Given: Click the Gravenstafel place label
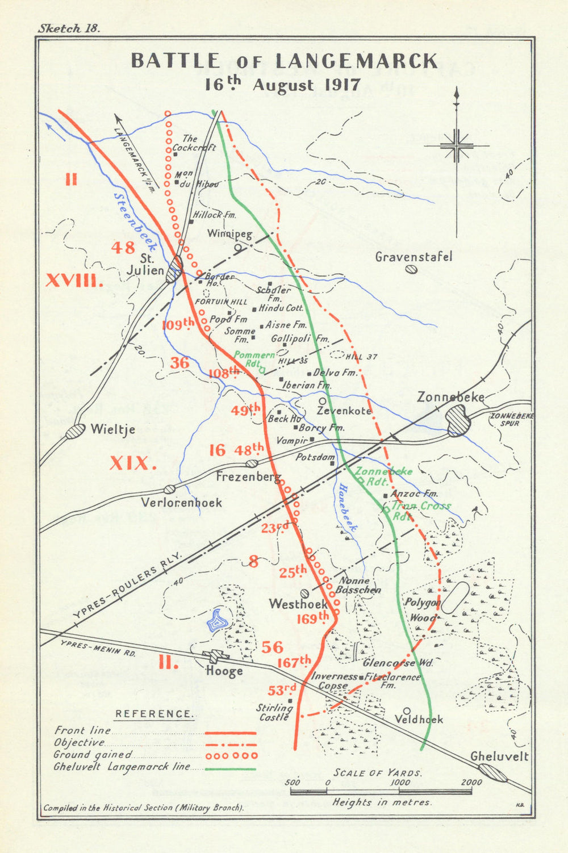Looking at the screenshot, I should (414, 257).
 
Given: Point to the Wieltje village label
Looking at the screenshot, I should (113, 429).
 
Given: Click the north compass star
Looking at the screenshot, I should (456, 145).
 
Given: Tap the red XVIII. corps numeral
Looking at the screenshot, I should (74, 280).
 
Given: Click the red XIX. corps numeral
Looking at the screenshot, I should (133, 463).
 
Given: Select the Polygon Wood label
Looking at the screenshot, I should (422, 609).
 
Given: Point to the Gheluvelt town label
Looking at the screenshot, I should (499, 756).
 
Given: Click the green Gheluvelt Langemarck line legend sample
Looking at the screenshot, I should (230, 769).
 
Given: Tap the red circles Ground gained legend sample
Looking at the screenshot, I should (230, 756).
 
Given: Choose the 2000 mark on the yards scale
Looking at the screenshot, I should (471, 783).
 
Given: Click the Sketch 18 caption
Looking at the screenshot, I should (69, 30).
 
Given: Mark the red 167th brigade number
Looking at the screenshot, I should (294, 662).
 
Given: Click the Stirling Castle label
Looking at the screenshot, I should (274, 712).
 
